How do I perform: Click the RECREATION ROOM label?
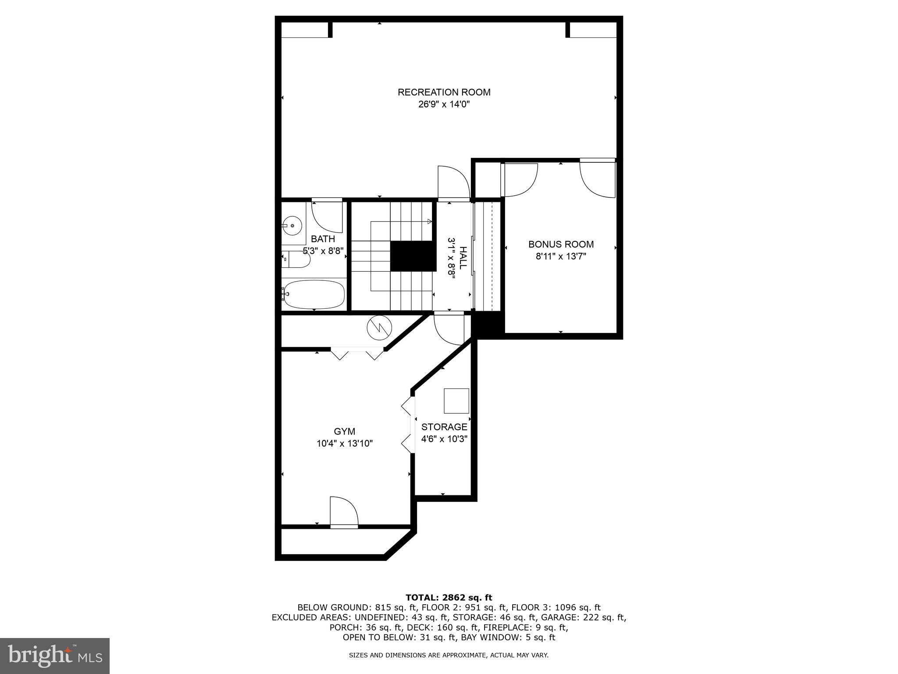coord(444,92)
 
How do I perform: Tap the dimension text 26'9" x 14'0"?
coord(444,104)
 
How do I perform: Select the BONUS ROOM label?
coord(561,244)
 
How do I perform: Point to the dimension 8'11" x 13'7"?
coord(561,256)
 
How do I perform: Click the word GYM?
coord(344,431)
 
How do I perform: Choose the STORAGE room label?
coord(444,427)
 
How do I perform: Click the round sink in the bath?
coord(292,226)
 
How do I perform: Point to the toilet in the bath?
coord(296,259)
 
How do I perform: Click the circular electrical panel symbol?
coord(378,328)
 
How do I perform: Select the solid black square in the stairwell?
coord(413,256)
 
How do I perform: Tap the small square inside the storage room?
coord(456,401)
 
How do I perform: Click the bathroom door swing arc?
coord(327,216)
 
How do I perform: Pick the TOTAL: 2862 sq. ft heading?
coord(449,598)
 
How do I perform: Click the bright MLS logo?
coord(55,656)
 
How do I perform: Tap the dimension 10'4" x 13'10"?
coord(345,444)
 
